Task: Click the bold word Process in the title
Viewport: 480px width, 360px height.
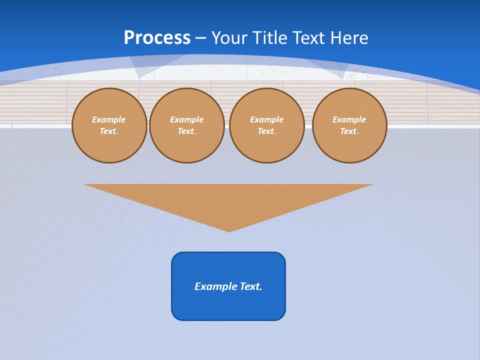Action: [157, 38]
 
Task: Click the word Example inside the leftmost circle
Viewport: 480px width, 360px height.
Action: [109, 119]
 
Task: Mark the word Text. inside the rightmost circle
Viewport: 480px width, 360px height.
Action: [349, 131]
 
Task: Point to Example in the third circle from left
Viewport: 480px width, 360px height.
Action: [266, 119]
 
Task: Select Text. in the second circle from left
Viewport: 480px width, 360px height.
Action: [187, 131]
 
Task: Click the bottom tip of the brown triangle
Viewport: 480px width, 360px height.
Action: [229, 230]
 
